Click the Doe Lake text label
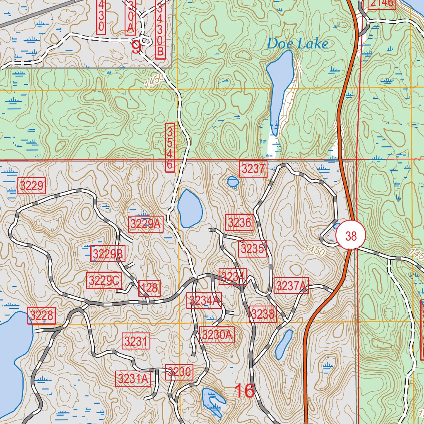297,43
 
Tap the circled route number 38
351,236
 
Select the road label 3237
253,169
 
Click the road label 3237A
291,286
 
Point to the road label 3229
32,185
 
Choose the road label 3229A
146,224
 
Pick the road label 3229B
108,254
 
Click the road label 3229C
104,281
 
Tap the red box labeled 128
149,288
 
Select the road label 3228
42,316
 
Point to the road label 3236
239,223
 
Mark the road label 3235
252,249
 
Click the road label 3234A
205,300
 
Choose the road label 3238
263,314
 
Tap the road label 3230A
217,334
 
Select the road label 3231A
133,378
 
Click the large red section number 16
244,391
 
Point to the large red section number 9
136,47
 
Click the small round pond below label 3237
233,181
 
